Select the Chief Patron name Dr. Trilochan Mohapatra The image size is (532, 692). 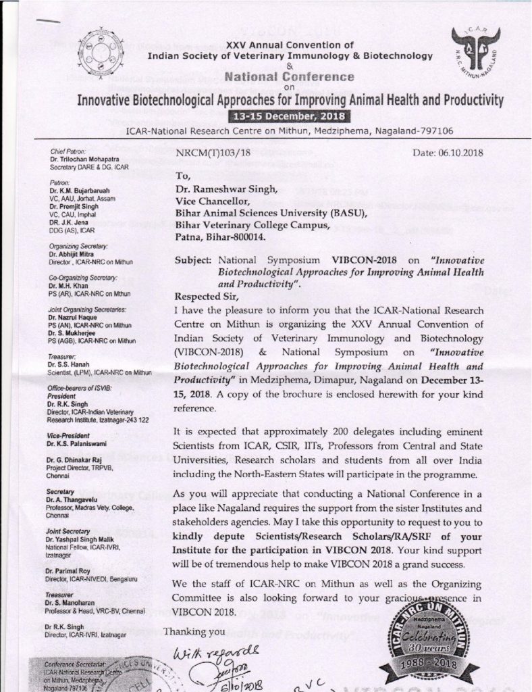point(83,159)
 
